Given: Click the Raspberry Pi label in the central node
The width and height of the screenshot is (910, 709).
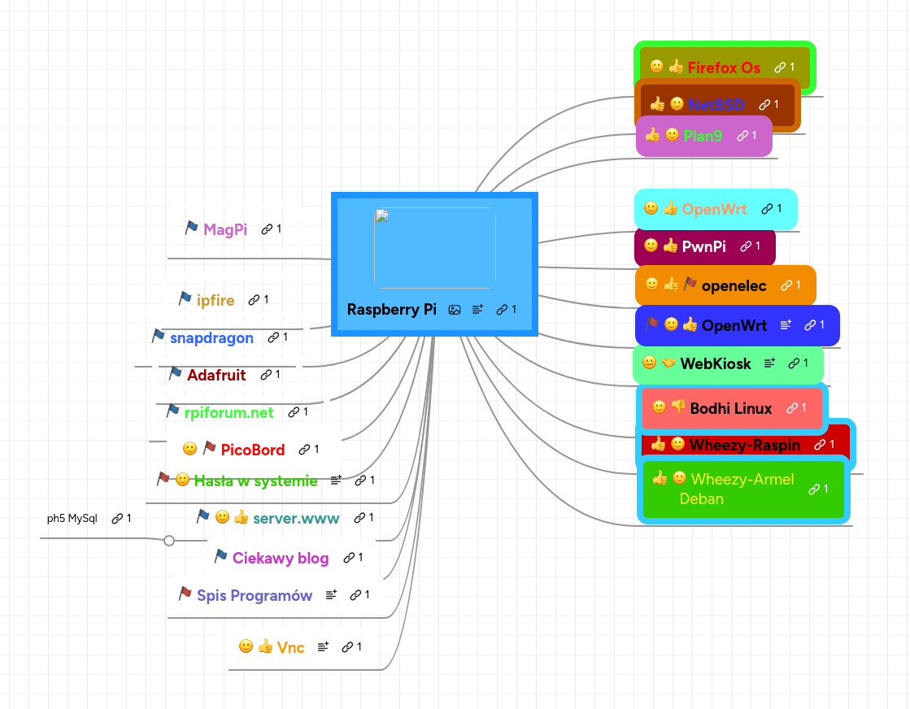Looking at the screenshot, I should [391, 309].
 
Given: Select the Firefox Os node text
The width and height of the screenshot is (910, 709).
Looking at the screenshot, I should [724, 67].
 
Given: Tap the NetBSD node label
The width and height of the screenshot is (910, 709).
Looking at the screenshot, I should [716, 104].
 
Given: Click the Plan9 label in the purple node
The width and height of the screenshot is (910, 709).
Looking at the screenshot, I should [703, 136].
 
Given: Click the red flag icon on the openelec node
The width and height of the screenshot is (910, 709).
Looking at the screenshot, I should [690, 285].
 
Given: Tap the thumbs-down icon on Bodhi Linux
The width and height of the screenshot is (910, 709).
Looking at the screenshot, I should [678, 407].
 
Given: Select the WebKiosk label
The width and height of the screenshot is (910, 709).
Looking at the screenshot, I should [716, 363].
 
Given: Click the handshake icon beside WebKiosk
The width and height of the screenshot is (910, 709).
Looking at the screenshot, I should [668, 363].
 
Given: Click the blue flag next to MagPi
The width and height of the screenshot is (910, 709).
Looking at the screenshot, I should [191, 228].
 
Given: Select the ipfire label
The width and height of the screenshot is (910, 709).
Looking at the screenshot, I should [216, 300].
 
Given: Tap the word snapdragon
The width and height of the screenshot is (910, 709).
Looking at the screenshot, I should [211, 337].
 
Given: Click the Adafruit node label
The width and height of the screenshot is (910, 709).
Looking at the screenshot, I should [216, 375].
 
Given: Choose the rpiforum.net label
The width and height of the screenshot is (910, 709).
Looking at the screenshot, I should [229, 412].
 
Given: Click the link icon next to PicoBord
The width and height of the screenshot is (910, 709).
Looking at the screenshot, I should [304, 449].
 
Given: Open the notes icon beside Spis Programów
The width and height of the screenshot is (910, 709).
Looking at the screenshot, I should [331, 595].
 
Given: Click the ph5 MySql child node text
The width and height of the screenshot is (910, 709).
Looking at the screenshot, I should [72, 518].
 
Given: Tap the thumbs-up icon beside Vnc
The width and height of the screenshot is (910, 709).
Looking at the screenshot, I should [265, 646].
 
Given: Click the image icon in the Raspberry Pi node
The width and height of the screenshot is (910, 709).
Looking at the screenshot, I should [455, 309].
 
